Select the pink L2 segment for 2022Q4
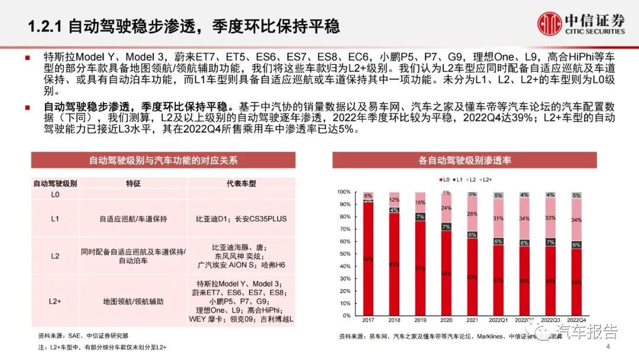tap(577, 220)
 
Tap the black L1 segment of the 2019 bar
tap(420, 217)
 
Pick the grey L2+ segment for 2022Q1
tap(498, 195)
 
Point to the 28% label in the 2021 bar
tap(472, 213)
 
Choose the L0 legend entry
tap(442, 179)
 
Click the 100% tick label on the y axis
tap(343, 192)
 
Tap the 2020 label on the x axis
tap(446, 320)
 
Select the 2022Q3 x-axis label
tap(550, 320)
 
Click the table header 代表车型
tap(241, 184)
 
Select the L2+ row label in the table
tap(54, 301)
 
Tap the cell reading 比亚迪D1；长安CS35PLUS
tap(241, 218)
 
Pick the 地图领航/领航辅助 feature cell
tap(133, 301)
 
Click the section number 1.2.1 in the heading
tap(47, 26)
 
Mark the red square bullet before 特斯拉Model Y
tap(28, 58)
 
